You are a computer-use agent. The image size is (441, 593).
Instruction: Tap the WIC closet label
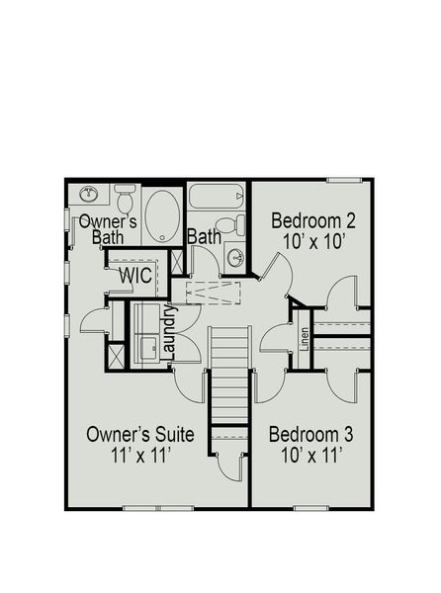135,276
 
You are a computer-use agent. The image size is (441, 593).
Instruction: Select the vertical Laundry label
169,333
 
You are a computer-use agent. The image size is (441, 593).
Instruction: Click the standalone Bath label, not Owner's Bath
204,237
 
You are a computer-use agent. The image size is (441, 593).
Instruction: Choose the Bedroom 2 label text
313,219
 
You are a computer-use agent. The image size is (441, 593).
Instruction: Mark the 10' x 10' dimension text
313,240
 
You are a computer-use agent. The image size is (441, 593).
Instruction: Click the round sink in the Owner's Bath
87,194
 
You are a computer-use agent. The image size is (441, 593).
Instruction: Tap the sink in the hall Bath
236,258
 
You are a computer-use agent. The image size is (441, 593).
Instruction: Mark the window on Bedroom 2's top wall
343,180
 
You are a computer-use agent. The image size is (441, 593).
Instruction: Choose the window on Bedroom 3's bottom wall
309,508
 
